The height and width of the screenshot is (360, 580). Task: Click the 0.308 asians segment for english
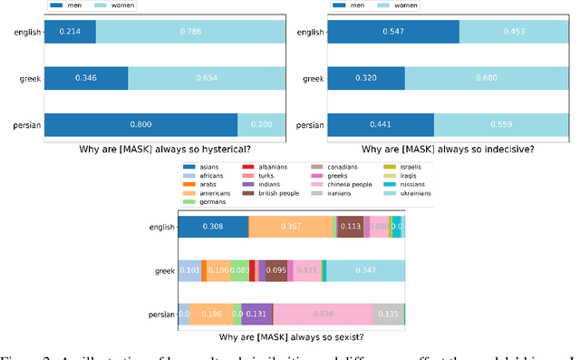tap(213, 227)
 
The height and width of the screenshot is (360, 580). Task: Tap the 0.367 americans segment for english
tap(290, 227)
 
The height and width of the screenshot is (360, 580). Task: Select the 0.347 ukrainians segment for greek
tap(366, 270)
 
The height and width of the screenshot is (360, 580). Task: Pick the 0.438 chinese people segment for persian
tap(323, 315)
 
